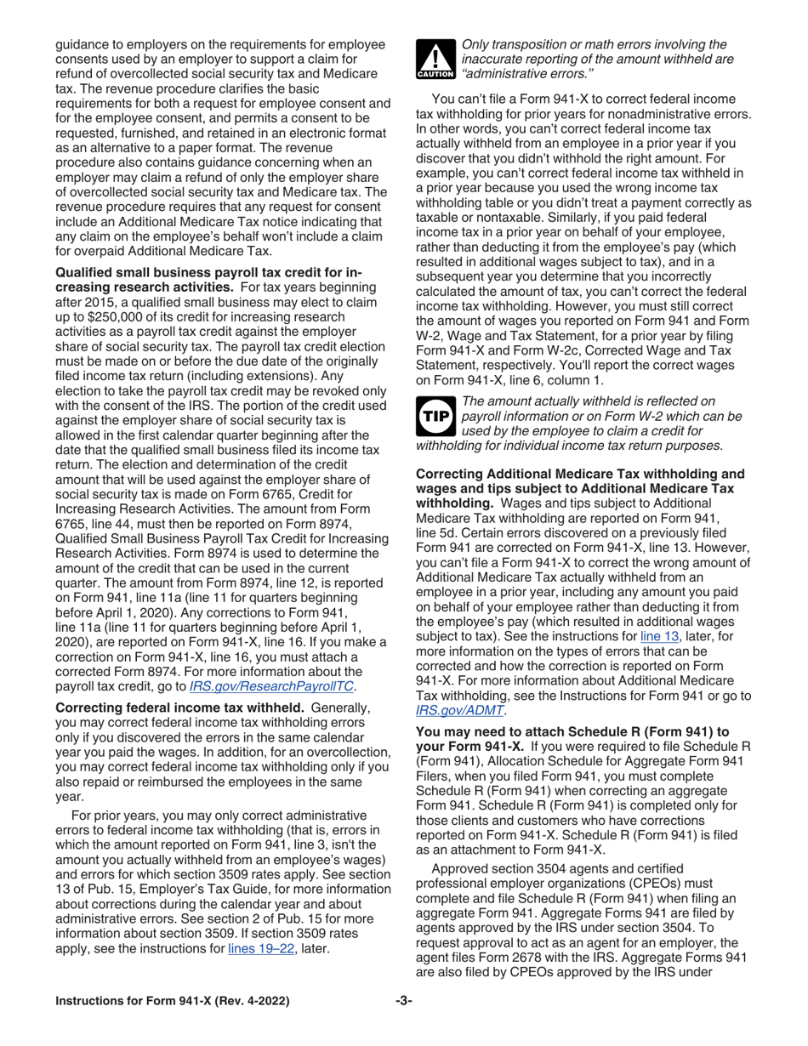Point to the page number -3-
(403, 1001)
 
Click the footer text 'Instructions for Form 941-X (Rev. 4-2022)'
(172, 1001)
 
